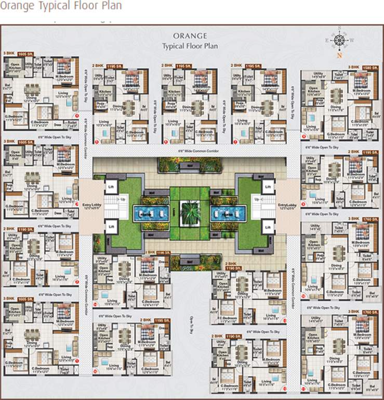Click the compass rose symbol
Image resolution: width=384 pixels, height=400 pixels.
pos(339,40)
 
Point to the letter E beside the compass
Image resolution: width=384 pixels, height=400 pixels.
pos(327,40)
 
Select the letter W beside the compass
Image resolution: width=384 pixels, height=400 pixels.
pos(352,40)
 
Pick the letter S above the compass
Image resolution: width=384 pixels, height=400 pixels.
pos(339,27)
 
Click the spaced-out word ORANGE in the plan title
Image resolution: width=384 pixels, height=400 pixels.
pos(190,36)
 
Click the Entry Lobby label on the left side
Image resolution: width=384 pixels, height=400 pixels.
pos(89,206)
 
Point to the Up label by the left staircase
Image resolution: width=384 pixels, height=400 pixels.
pos(123,198)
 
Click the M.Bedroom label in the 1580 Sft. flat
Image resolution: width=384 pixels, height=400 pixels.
pos(361,91)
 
